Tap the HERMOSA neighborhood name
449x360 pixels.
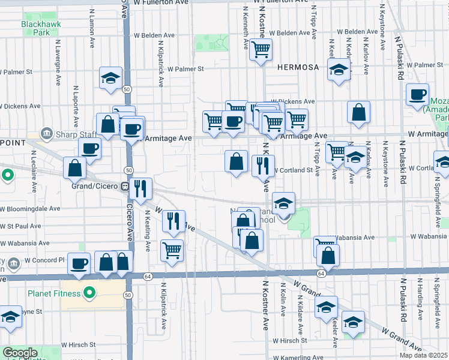coord(298,68)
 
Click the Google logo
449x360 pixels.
coord(20,353)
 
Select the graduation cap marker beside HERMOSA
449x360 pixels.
coord(339,70)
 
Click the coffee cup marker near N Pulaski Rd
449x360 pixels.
coord(417,94)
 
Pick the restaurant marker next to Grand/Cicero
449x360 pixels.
coord(141,188)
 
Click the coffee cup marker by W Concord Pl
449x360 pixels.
coord(79,263)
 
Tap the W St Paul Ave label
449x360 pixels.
coord(21,227)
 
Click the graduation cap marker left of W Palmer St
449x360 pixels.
coord(110,78)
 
